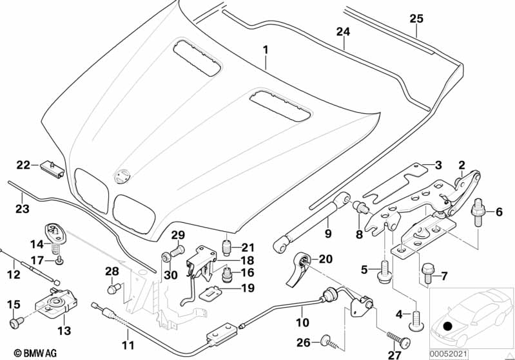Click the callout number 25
click(416, 19)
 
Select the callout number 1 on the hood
click(264, 50)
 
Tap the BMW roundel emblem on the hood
click(121, 175)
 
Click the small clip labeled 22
click(50, 167)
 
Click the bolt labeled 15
click(15, 319)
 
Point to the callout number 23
click(22, 208)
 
